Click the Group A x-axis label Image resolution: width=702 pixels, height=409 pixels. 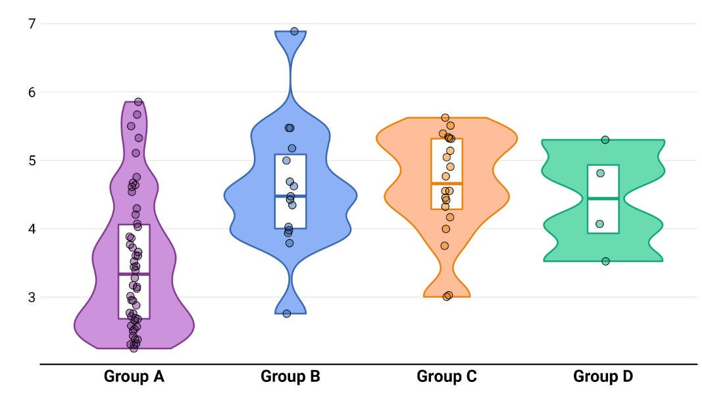(x=134, y=377)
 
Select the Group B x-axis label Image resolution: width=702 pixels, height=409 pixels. (x=290, y=377)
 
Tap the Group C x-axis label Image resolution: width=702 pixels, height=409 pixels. (x=447, y=377)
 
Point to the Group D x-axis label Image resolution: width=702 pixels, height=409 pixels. (x=603, y=377)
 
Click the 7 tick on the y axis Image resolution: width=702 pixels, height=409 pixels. (x=31, y=24)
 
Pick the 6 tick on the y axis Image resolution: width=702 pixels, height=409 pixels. (x=31, y=92)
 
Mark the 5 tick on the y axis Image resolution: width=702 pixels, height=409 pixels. (x=31, y=161)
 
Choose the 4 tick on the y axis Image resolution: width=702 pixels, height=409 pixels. (x=31, y=229)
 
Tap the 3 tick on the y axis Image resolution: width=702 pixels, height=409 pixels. (x=31, y=297)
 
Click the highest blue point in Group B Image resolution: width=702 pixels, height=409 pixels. (x=294, y=32)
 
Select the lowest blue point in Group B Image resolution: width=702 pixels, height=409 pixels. (x=287, y=314)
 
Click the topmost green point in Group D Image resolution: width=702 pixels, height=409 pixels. (x=605, y=140)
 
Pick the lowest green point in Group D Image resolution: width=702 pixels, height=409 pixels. (x=606, y=261)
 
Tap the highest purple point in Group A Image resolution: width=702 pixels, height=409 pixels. (x=138, y=102)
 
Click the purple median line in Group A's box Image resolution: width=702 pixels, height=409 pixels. (x=134, y=274)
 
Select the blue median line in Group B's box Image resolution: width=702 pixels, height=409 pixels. (x=290, y=196)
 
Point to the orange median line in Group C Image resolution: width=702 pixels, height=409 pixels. (x=447, y=183)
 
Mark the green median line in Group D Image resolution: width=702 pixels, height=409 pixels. (x=603, y=198)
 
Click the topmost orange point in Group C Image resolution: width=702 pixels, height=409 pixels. (x=445, y=118)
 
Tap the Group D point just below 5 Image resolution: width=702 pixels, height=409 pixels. (x=601, y=173)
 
